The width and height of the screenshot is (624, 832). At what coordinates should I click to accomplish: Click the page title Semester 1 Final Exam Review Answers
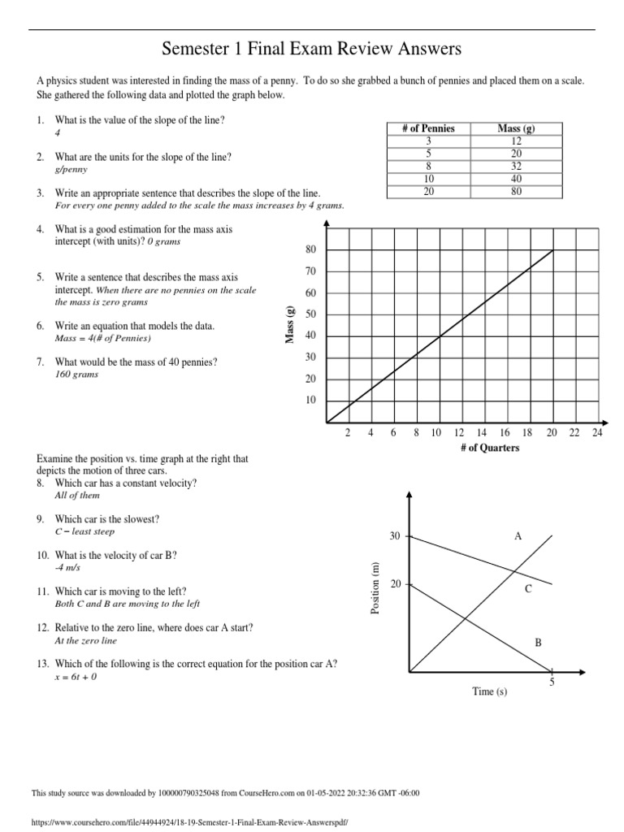click(x=312, y=50)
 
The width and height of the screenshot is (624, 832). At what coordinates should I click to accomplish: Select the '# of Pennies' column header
click(x=428, y=128)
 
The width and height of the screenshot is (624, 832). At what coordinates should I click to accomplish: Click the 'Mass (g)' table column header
click(x=516, y=128)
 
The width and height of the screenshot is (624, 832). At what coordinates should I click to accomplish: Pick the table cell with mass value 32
click(x=516, y=166)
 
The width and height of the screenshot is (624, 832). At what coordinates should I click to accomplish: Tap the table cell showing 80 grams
click(x=516, y=192)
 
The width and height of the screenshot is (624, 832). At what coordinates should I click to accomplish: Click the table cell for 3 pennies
click(x=428, y=141)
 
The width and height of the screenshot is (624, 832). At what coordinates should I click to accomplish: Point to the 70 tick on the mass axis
click(x=310, y=271)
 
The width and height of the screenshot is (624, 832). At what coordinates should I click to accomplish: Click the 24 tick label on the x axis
click(x=597, y=433)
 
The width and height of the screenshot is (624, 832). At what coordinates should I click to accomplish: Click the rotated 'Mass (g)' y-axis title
click(x=289, y=324)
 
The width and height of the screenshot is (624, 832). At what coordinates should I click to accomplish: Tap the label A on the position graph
click(x=518, y=536)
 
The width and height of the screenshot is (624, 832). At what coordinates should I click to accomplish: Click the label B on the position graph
click(x=537, y=643)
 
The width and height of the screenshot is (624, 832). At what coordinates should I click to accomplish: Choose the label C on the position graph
click(x=527, y=589)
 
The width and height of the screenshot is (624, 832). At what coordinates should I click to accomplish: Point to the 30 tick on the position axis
click(x=395, y=537)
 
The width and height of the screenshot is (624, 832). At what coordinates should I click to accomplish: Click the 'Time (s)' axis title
click(x=490, y=691)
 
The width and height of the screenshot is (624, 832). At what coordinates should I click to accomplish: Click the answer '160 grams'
click(x=76, y=375)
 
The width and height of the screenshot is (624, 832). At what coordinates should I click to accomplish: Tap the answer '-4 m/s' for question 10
click(x=67, y=568)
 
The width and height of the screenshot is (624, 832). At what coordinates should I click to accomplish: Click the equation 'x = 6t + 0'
click(x=76, y=677)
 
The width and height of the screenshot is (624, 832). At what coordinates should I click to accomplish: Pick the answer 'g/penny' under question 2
click(x=71, y=170)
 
